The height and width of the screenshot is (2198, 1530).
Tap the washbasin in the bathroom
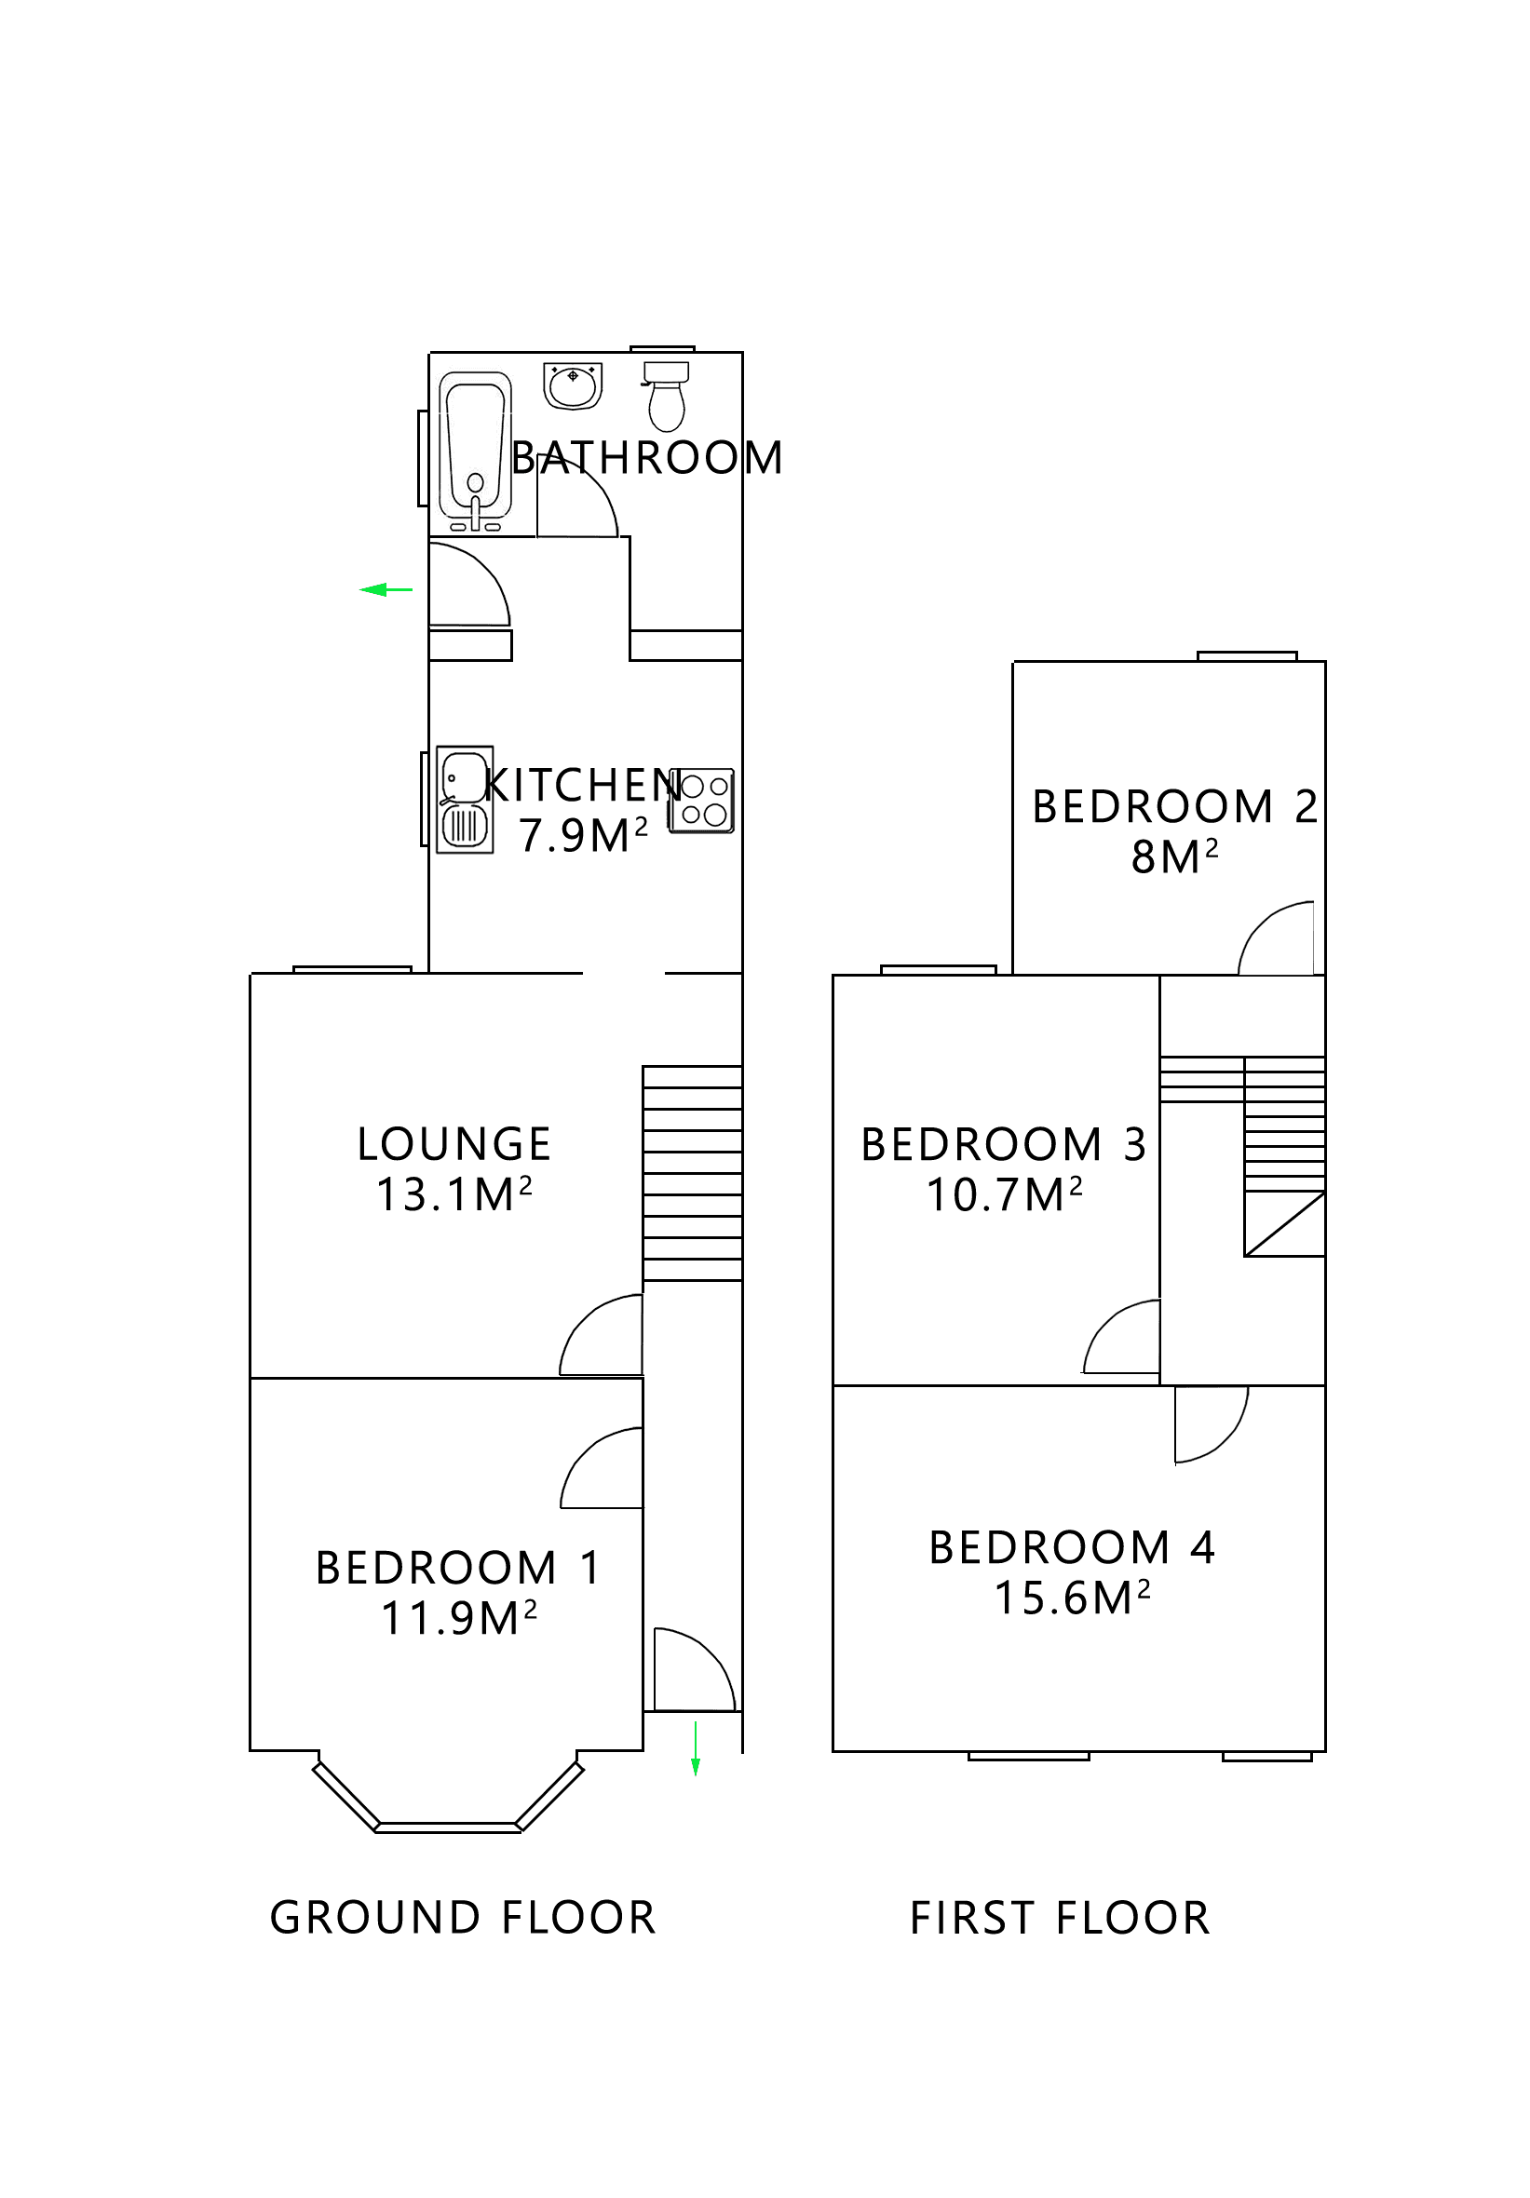(573, 384)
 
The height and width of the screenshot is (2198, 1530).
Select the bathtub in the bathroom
(475, 452)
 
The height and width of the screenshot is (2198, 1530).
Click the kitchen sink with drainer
(465, 800)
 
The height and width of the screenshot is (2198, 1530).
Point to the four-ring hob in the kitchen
(702, 801)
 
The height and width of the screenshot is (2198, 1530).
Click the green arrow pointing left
(385, 589)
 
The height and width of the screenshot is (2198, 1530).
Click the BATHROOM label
(647, 458)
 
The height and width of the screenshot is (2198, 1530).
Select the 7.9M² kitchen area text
(583, 836)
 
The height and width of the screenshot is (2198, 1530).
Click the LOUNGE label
(454, 1144)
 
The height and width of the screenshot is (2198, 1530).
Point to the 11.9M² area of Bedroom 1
(458, 1619)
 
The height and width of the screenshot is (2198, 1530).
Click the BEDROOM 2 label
(1174, 807)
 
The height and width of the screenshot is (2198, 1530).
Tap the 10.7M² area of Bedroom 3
(1005, 1194)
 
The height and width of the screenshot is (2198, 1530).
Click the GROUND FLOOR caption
(463, 1919)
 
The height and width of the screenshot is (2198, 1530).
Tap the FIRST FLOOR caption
(1060, 1919)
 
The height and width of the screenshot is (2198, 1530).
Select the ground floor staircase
(692, 1173)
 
